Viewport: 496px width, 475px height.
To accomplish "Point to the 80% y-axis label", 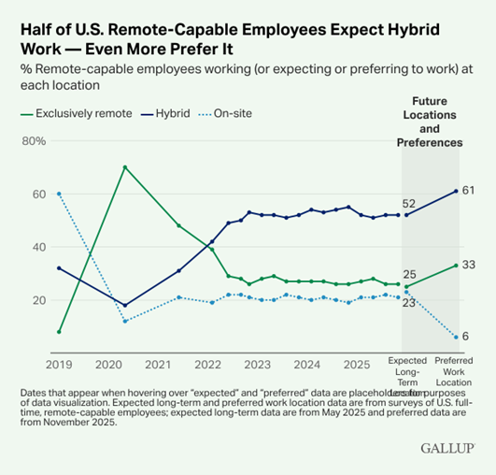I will point(34,142).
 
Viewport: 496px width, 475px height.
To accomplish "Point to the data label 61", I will point(469,191).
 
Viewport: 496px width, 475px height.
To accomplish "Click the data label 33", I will point(469,266).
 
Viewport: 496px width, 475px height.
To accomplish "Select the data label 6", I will point(465,337).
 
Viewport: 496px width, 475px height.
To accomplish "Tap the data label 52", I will point(408,204).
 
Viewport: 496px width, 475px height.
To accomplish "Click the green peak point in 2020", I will point(125,167).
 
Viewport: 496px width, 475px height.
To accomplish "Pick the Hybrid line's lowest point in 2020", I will point(125,305).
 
